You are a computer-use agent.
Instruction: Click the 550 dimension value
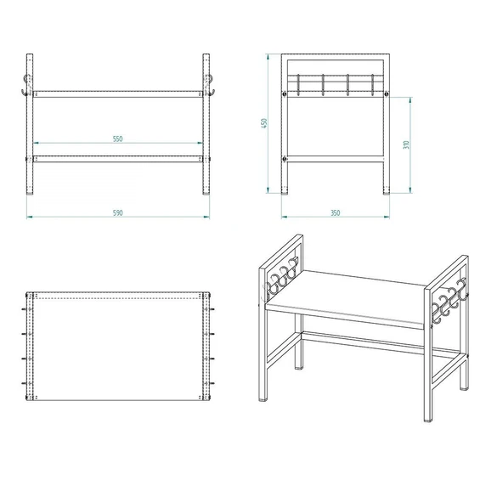point(118,138)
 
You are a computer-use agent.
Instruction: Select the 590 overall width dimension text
point(118,212)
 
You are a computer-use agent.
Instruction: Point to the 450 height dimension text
point(265,124)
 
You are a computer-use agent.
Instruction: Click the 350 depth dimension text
point(335,212)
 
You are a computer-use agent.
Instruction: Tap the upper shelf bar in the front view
point(118,93)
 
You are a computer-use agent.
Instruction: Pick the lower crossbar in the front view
point(118,158)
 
